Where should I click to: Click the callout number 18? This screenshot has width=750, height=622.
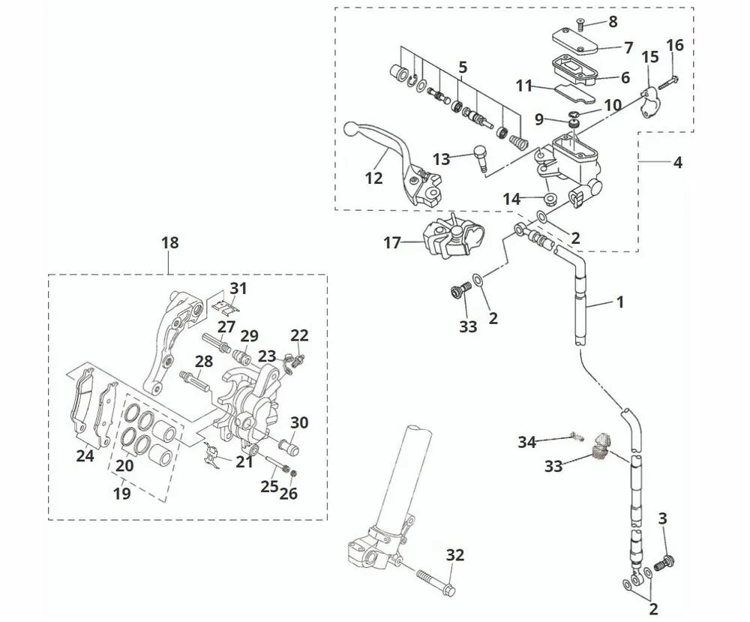[170, 242]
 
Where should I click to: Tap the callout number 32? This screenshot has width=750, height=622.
[455, 555]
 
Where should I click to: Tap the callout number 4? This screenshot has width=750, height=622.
[677, 161]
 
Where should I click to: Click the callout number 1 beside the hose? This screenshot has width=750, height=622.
[619, 302]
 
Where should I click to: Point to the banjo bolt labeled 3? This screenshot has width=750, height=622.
[664, 562]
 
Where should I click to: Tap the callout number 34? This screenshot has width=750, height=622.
[526, 442]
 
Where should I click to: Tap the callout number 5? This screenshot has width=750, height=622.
[463, 68]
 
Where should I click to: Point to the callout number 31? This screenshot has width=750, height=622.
[238, 288]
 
